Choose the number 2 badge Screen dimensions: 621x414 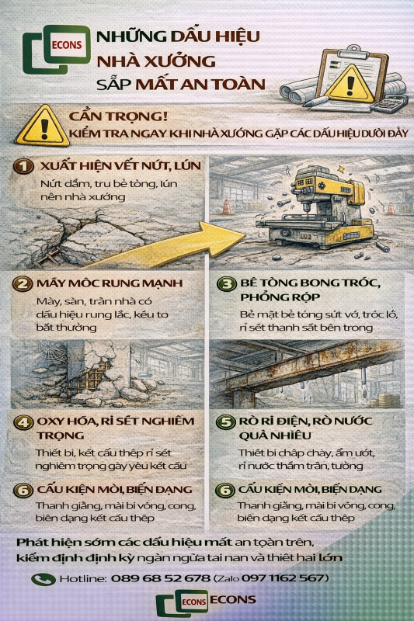(25, 283)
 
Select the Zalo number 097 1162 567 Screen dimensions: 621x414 (285, 578)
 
